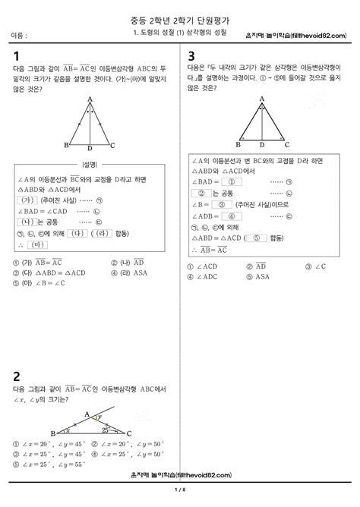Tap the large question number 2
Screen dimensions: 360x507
pyautogui.click(x=16, y=376)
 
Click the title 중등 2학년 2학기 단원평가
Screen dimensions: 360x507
pyautogui.click(x=180, y=11)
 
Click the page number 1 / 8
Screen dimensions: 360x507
pyautogui.click(x=179, y=498)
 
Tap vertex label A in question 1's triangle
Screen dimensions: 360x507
pyautogui.click(x=90, y=99)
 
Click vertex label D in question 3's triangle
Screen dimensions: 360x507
pyautogui.click(x=262, y=144)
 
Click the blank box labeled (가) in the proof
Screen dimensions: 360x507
pyautogui.click(x=27, y=200)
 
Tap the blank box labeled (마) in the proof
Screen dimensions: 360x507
pyautogui.click(x=36, y=245)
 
